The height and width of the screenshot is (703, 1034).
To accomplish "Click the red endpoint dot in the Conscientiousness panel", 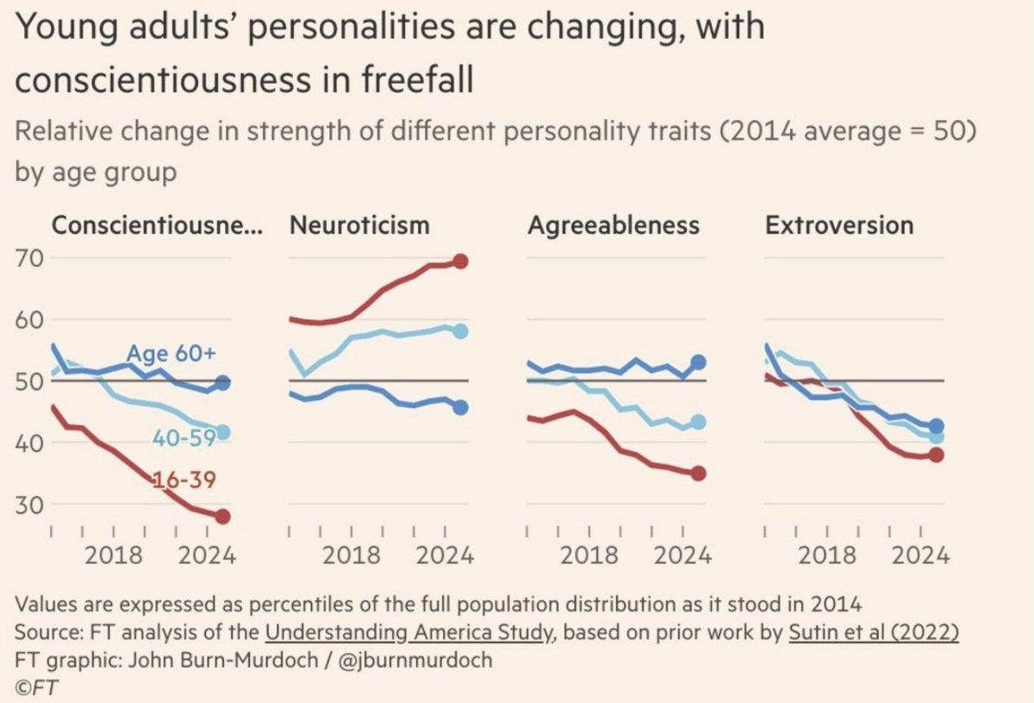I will pyautogui.click(x=222, y=517).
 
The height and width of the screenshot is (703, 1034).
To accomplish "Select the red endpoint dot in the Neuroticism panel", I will pyautogui.click(x=460, y=261).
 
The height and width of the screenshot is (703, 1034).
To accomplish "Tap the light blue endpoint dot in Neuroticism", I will pyautogui.click(x=460, y=331).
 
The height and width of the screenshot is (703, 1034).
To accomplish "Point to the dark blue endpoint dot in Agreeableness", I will pyautogui.click(x=699, y=362).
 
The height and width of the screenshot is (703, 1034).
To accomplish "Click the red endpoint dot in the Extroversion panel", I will pyautogui.click(x=937, y=455).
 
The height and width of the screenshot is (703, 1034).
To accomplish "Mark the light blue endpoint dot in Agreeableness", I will pyautogui.click(x=699, y=422).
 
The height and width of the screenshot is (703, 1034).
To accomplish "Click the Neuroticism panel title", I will pyautogui.click(x=359, y=225).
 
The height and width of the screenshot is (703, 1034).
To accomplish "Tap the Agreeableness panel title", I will pyautogui.click(x=613, y=225).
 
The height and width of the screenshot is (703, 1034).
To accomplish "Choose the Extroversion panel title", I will pyautogui.click(x=839, y=225).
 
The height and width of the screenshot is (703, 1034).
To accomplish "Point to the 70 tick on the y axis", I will pyautogui.click(x=32, y=258).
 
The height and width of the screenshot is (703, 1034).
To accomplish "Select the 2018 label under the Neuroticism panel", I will pyautogui.click(x=352, y=555).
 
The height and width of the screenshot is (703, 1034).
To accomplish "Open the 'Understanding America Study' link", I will pyautogui.click(x=408, y=631).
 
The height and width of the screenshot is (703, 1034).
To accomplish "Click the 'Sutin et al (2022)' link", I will pyautogui.click(x=873, y=631).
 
